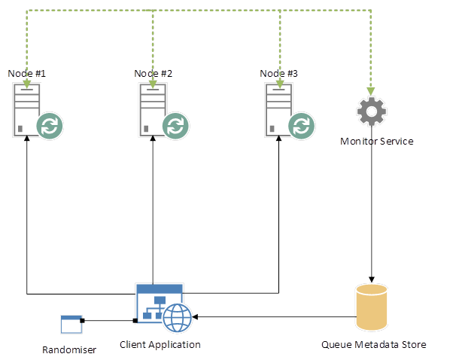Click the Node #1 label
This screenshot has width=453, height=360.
[27, 74]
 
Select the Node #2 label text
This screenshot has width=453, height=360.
[154, 74]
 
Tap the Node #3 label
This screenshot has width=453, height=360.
[279, 74]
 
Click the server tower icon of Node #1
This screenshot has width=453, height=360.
[26, 109]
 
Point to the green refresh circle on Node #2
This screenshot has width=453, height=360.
[175, 124]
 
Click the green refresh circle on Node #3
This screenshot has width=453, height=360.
[302, 124]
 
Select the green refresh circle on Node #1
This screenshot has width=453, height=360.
[50, 124]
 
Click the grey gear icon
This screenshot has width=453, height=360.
[371, 111]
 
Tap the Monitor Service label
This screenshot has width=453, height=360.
[377, 142]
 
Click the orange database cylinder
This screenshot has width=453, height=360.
[371, 307]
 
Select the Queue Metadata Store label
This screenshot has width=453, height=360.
[374, 345]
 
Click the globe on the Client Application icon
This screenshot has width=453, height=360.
[178, 317]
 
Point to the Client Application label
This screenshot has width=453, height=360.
[160, 345]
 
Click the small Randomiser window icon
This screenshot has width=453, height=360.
[71, 325]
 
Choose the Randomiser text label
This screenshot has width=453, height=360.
[69, 349]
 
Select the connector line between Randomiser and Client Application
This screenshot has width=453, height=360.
[109, 322]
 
